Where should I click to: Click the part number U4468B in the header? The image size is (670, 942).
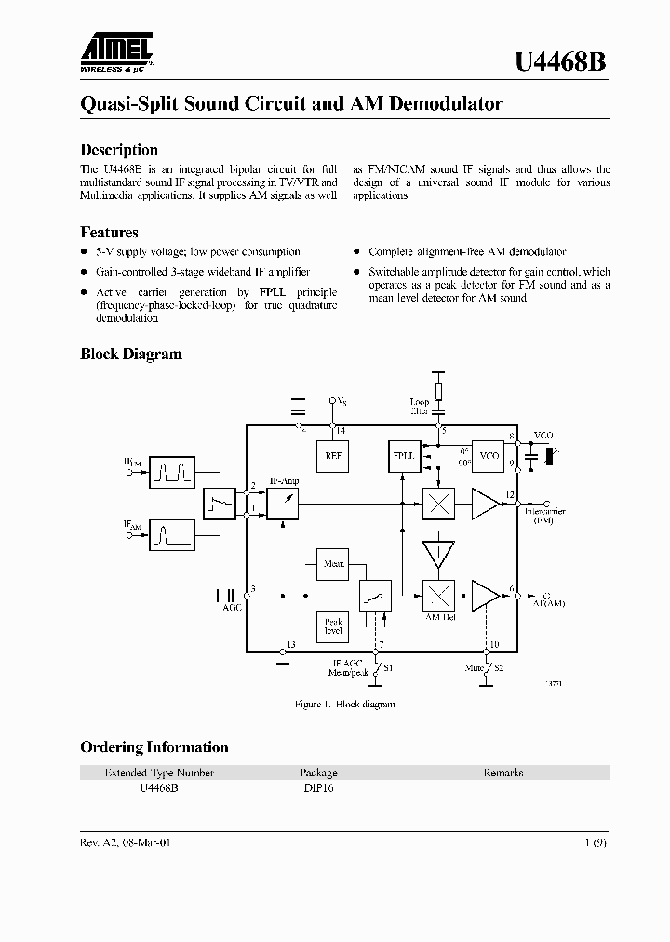(x=561, y=61)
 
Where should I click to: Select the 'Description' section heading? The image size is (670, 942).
(x=119, y=150)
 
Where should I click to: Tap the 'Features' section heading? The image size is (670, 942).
(x=109, y=233)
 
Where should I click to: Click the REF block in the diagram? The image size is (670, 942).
(x=332, y=456)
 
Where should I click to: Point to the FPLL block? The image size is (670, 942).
(x=402, y=456)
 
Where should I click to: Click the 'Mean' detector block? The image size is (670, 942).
(x=332, y=564)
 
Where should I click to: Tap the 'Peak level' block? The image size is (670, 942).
(x=332, y=626)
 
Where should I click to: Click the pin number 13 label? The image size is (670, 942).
(x=291, y=645)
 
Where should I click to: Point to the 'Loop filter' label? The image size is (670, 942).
(x=420, y=407)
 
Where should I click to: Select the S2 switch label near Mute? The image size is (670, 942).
(x=498, y=668)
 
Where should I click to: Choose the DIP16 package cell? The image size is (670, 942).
(x=318, y=787)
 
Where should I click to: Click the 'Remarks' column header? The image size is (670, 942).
(x=503, y=773)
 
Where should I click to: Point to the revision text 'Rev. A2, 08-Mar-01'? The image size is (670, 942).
(x=126, y=841)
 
